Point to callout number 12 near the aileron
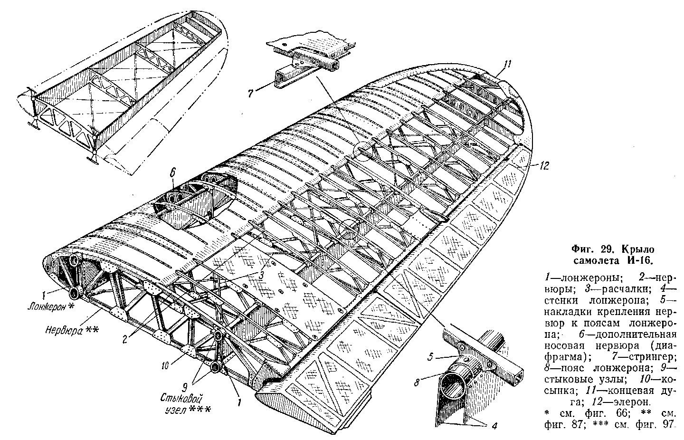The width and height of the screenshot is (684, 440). (544, 166)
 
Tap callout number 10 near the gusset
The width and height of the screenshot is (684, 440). (166, 365)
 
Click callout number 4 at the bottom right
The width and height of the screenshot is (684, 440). (494, 426)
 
